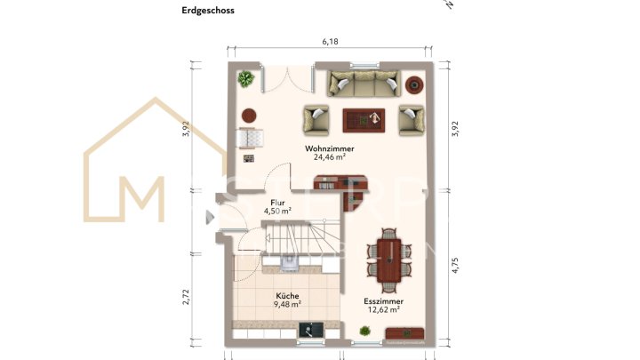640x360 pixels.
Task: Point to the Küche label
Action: [x=287, y=295]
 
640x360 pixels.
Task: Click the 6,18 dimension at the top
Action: [x=330, y=42]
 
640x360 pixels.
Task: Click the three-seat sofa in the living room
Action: [x=361, y=85]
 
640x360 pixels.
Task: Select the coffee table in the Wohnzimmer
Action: [x=364, y=118]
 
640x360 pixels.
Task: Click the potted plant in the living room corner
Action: [x=245, y=79]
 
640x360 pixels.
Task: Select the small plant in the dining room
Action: [x=364, y=332]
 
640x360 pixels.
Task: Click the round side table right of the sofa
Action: [x=413, y=85]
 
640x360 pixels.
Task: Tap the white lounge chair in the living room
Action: [x=252, y=139]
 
